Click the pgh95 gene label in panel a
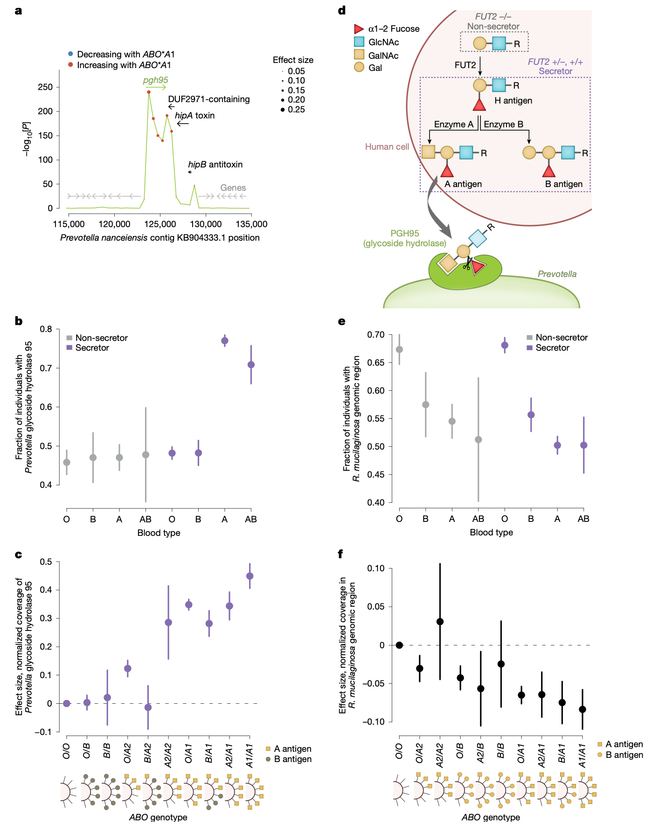pyautogui.click(x=155, y=80)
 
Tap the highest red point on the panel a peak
pyautogui.click(x=149, y=92)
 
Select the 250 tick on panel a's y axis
pyautogui.click(x=45, y=87)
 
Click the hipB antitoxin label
pyautogui.click(x=215, y=165)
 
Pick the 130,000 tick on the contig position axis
pyautogui.click(x=206, y=224)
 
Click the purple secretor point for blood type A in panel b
pyautogui.click(x=225, y=340)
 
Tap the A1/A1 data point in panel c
pyautogui.click(x=250, y=576)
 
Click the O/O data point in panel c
pyautogui.click(x=67, y=703)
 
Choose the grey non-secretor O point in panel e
pyautogui.click(x=399, y=349)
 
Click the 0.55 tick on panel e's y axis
pyautogui.click(x=376, y=419)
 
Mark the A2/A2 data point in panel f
pyautogui.click(x=440, y=622)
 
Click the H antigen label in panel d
pyautogui.click(x=513, y=101)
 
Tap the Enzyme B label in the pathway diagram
pyautogui.click(x=503, y=125)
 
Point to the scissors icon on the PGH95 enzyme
pyautogui.click(x=467, y=264)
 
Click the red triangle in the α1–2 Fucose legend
pyautogui.click(x=359, y=29)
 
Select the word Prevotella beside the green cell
pyautogui.click(x=557, y=274)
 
